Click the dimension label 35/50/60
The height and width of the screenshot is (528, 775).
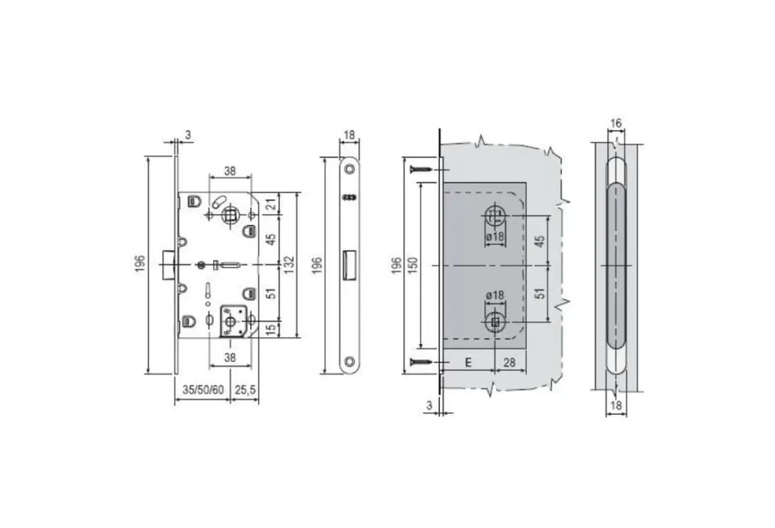(203, 390)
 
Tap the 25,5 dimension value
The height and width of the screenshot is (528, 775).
(245, 390)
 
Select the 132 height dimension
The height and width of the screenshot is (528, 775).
(289, 265)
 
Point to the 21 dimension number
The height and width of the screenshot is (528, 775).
(270, 203)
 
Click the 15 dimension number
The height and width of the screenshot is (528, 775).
(270, 329)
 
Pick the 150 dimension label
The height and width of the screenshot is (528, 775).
(413, 265)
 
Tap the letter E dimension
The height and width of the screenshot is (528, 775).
(468, 362)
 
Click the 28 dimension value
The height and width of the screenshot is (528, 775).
(509, 362)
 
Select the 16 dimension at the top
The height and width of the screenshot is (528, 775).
(616, 123)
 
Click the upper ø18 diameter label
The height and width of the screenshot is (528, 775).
(495, 237)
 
